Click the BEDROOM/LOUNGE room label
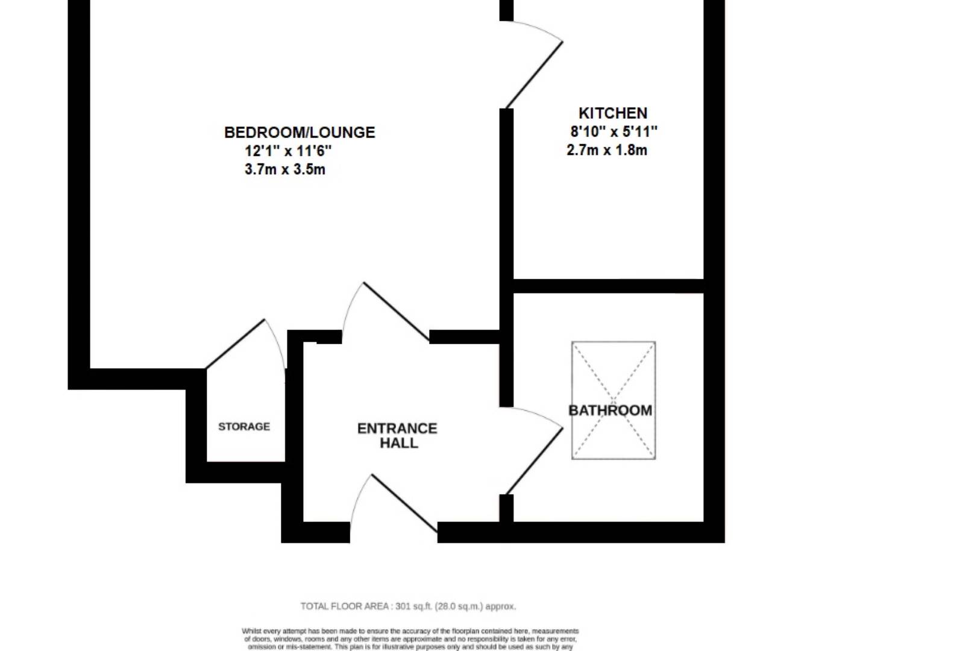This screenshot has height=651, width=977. [x=300, y=133]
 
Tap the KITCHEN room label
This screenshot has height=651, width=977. [x=612, y=113]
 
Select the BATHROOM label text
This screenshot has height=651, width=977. [x=610, y=410]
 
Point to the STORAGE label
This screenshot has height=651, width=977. [x=243, y=427]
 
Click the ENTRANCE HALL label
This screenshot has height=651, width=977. [x=397, y=435]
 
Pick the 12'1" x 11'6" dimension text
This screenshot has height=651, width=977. [x=288, y=151]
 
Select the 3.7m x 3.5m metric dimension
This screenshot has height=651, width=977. [x=284, y=169]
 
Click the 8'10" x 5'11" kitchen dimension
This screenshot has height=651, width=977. [x=614, y=131]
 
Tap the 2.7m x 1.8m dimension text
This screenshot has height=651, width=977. [x=606, y=150]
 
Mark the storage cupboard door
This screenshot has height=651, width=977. [x=236, y=344]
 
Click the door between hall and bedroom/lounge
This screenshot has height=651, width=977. [x=395, y=312]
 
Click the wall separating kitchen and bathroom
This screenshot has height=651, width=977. [x=608, y=286]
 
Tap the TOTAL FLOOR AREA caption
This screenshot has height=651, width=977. [x=346, y=606]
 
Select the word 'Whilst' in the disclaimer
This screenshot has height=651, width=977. [x=251, y=631]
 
